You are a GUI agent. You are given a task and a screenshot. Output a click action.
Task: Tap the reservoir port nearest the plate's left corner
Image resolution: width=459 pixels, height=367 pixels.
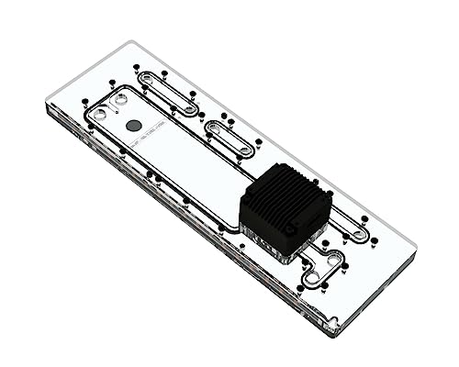coord(101,114)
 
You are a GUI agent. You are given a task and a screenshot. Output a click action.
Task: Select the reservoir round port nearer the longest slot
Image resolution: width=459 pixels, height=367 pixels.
coord(120,97)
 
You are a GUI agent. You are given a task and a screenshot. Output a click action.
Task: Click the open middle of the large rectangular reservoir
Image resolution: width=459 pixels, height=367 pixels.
coord(184,165)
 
